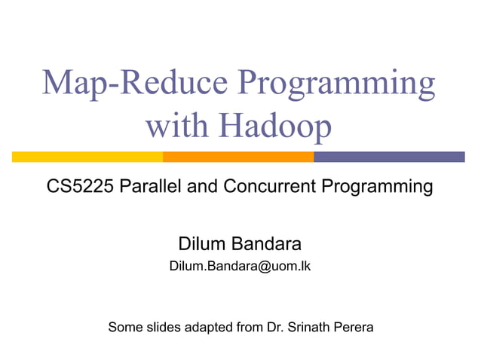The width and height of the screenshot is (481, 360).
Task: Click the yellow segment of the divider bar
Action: coord(87,157)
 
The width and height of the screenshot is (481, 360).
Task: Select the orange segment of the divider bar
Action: coord(238,157)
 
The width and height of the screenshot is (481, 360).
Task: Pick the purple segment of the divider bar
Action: coord(389,157)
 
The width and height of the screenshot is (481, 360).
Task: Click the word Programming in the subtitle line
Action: coord(378,188)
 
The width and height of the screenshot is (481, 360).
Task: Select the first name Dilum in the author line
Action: coord(201,244)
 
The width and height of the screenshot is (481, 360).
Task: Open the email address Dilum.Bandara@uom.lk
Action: coord(240,266)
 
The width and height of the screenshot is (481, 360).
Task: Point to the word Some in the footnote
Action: coord(125,328)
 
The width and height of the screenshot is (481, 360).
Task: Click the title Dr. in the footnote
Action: coord(276,328)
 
